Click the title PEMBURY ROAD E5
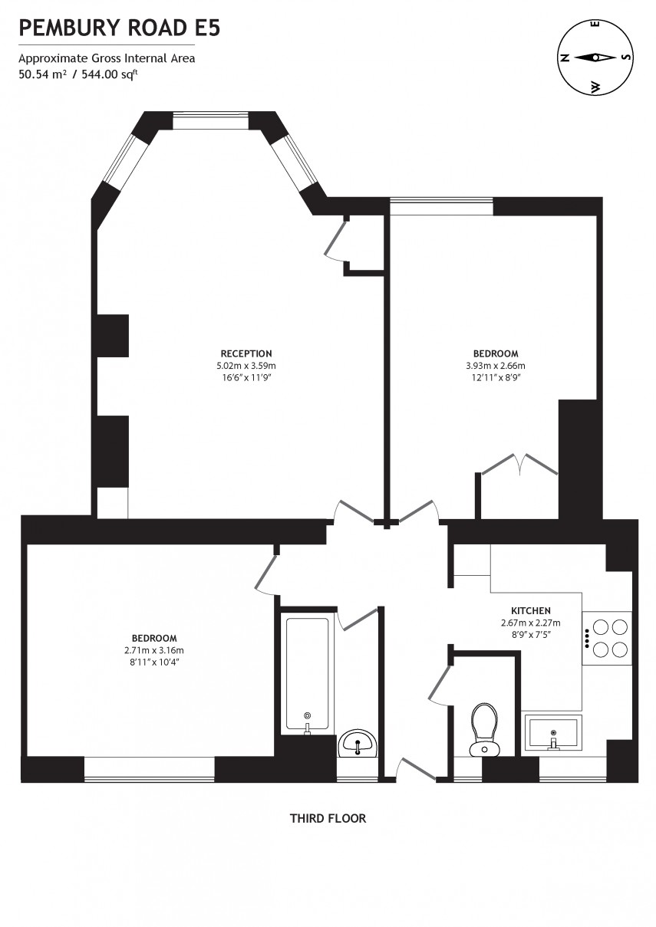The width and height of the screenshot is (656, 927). tap(120, 28)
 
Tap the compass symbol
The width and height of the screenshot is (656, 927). tap(595, 58)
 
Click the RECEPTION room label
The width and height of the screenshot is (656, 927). tap(246, 353)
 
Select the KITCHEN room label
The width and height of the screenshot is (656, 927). tap(530, 610)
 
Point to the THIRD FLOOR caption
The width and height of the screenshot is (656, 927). tap(328, 818)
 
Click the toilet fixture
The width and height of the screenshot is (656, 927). tap(483, 728)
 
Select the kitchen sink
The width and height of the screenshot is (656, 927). tap(552, 732)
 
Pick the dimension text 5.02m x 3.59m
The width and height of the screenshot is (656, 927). tap(246, 366)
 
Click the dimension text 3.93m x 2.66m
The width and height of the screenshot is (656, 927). tap(496, 366)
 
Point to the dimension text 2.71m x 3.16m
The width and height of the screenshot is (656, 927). tap(154, 650)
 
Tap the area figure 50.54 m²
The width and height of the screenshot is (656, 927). tap(43, 74)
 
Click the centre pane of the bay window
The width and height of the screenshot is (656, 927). tap(210, 121)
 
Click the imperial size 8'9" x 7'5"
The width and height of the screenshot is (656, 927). tap(530, 634)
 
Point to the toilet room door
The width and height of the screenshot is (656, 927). tap(440, 675)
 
